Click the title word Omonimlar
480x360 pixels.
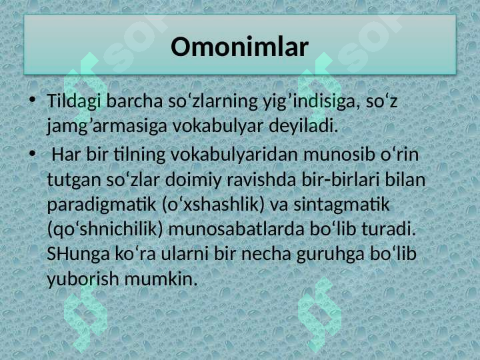tap(239, 47)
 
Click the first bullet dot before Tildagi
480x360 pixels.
tap(32, 99)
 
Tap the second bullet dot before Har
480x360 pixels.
tap(32, 154)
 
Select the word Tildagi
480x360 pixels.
tap(74, 101)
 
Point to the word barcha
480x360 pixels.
tap(135, 101)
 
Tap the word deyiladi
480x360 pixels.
tap(304, 126)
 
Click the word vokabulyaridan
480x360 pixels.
tap(234, 155)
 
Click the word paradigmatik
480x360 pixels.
tap(101, 205)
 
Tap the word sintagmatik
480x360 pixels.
tap(341, 205)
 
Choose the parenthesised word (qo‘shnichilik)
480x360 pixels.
tap(105, 230)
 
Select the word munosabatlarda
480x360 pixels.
tap(236, 229)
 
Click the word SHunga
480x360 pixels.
tap(78, 255)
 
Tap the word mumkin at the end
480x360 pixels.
tap(161, 279)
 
